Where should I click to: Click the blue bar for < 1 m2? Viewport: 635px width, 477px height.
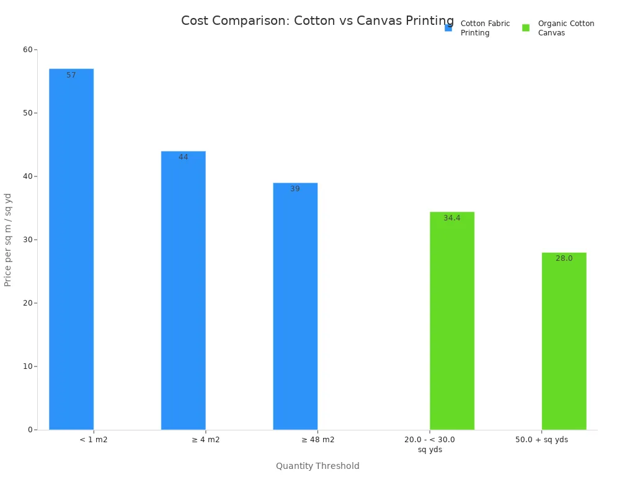pos(71,248)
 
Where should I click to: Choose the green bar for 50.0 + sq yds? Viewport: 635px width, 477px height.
pos(564,341)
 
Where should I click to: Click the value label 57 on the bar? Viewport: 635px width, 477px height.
pos(71,75)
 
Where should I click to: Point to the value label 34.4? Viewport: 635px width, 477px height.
pos(452,218)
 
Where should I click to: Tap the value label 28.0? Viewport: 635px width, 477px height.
pos(564,258)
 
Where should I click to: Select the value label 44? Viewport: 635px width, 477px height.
pos(183,157)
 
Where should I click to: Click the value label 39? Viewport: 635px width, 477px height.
pos(295,189)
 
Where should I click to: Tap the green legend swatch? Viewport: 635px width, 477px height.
pos(526,28)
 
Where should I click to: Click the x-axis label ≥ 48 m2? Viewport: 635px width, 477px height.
pos(317,440)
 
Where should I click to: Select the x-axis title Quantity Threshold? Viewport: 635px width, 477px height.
pos(317,466)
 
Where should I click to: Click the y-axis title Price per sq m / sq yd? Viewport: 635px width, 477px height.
pos(8,240)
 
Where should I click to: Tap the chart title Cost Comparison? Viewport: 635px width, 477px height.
pos(317,20)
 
